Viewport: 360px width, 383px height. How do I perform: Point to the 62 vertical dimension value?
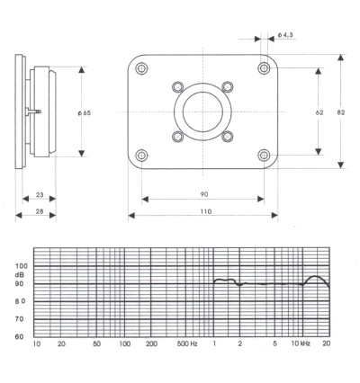319,112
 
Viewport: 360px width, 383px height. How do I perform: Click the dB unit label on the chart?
20,275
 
